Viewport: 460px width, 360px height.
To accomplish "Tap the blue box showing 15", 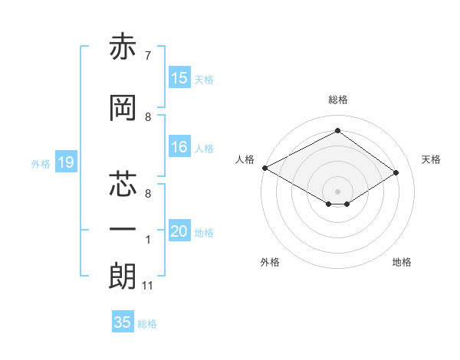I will coord(179,78).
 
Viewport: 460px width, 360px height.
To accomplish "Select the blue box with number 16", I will coord(179,147).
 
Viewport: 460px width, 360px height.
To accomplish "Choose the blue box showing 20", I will coord(179,231).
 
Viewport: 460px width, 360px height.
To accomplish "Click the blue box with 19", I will coord(66,162).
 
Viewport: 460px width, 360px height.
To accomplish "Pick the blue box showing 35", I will coord(123,322).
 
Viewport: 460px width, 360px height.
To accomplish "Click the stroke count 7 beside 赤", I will coord(148,55).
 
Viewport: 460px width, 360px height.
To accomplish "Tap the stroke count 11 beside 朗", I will coord(147,286).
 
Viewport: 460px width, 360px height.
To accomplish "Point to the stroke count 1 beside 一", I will coord(148,240).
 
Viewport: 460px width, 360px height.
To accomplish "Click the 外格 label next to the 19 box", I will coord(40,163).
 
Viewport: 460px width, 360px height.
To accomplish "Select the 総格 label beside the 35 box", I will coord(147,324).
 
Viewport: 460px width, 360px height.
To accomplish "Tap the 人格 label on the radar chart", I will coord(245,159).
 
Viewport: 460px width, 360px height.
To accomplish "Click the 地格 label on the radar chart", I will coord(401,262).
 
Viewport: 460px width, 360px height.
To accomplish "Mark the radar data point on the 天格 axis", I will coord(396,173).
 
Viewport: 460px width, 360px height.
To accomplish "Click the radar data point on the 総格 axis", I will coord(337,131).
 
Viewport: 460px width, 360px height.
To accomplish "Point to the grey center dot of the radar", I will coord(337,190).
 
